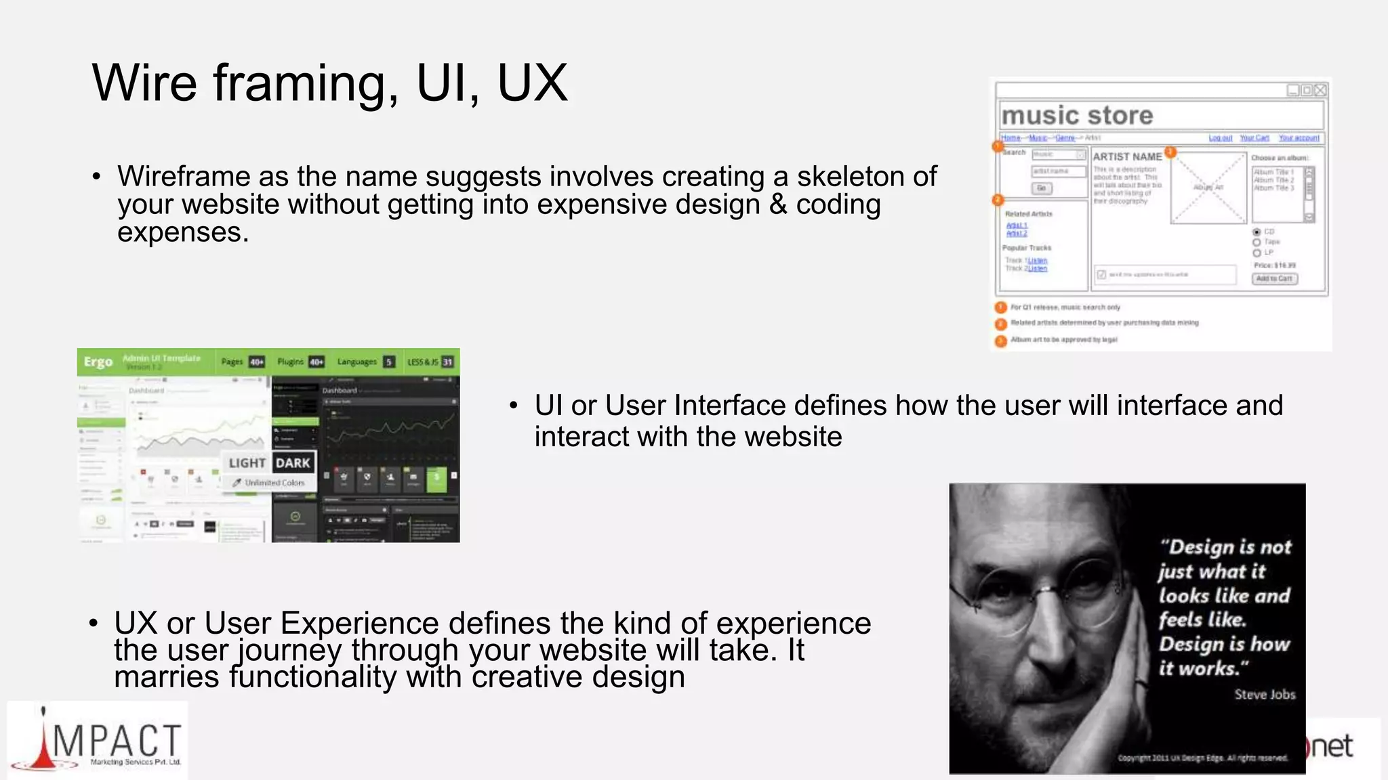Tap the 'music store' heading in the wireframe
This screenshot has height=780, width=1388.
[x=1077, y=116]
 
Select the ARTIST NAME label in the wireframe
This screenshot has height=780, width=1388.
[x=1127, y=156]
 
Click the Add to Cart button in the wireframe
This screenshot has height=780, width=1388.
[x=1274, y=278]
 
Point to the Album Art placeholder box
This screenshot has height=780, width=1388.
[x=1208, y=187]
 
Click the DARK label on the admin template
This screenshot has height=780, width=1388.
[x=293, y=463]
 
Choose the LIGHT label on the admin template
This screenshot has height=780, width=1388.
[x=247, y=463]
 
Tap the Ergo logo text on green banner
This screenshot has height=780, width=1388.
[x=98, y=362]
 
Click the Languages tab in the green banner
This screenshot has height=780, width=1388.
[x=357, y=362]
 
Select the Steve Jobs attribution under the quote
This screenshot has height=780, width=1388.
[x=1264, y=694]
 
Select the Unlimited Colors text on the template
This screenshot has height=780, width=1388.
[x=274, y=483]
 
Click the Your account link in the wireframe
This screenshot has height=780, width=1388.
[x=1299, y=138]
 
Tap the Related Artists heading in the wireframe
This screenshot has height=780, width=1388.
[x=1028, y=214]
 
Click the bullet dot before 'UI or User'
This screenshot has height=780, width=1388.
[x=513, y=406]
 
